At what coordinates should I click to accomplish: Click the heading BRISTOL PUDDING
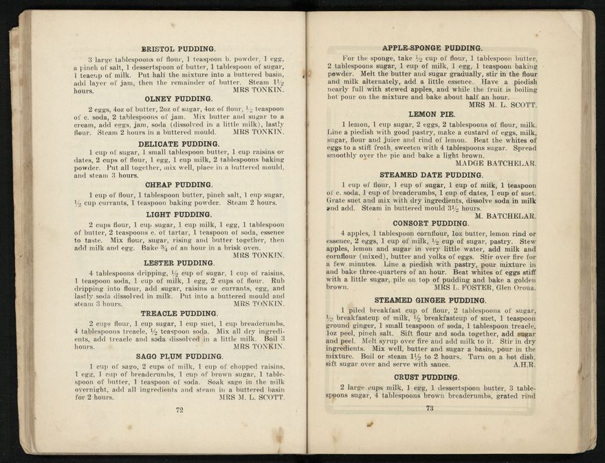pos(178,49)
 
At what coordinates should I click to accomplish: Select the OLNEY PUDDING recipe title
pos(178,98)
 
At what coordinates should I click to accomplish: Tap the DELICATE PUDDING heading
pos(178,144)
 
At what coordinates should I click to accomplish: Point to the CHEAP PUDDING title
pos(178,184)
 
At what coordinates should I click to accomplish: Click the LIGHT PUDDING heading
pos(178,215)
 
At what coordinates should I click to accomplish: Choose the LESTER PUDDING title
pos(178,263)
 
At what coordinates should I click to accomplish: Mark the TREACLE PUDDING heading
pos(178,314)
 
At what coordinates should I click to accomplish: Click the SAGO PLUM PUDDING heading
pos(178,356)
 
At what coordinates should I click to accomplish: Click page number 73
pos(430,408)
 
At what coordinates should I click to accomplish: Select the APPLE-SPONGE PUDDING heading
pos(432,48)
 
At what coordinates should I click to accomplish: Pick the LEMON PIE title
pos(431,114)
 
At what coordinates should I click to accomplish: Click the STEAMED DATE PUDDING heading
pos(431,175)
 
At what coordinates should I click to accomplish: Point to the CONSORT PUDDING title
pos(431,224)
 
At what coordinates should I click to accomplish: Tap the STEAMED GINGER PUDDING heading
pos(431,301)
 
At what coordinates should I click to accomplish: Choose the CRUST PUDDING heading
pos(431,377)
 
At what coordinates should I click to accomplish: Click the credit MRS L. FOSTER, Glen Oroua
pos(485,288)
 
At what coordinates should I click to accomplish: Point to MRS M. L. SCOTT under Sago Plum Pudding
pos(251,397)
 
